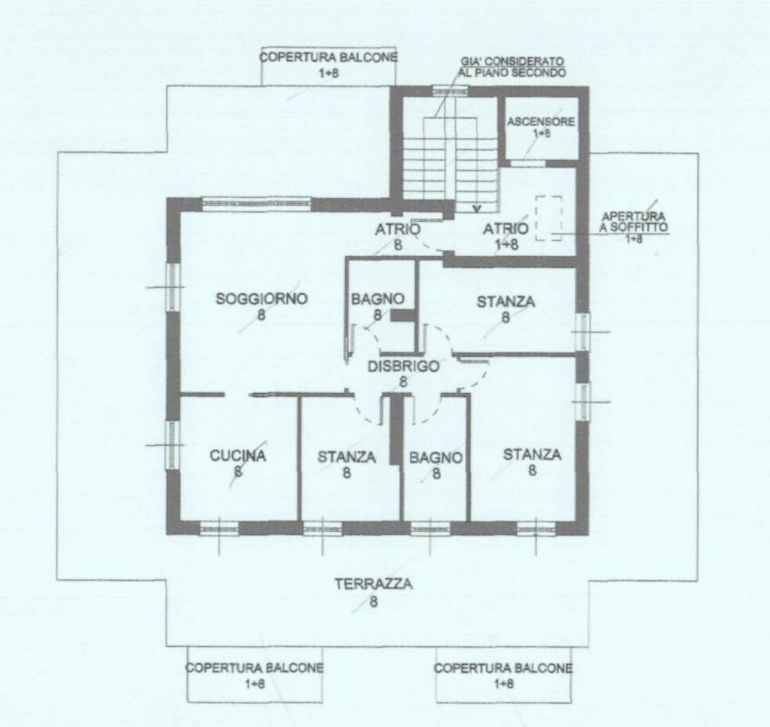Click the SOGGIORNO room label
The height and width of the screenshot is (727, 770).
[262, 299]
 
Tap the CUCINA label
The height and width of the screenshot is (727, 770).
[238, 455]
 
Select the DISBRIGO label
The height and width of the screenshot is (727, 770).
[403, 366]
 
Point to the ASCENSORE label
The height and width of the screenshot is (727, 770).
[541, 121]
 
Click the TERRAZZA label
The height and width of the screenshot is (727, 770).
[373, 585]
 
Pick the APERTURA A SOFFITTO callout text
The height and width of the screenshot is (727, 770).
[633, 222]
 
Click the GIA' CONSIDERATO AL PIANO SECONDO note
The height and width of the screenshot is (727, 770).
[512, 68]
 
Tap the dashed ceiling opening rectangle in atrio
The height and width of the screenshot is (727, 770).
[549, 218]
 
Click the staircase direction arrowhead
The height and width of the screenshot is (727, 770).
[476, 210]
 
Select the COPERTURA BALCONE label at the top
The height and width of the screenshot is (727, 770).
[328, 57]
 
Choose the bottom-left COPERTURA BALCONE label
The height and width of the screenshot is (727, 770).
[255, 668]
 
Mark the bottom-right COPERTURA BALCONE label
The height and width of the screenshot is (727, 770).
[503, 668]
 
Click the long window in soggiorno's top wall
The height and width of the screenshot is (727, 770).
[257, 204]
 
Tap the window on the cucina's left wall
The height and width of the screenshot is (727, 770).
[173, 445]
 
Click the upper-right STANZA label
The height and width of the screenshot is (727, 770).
[506, 302]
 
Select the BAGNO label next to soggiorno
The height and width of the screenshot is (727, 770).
[378, 299]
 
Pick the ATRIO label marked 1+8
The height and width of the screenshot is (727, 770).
[506, 228]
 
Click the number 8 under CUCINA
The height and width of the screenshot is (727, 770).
[238, 472]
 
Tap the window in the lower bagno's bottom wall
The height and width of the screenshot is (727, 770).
[430, 528]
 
